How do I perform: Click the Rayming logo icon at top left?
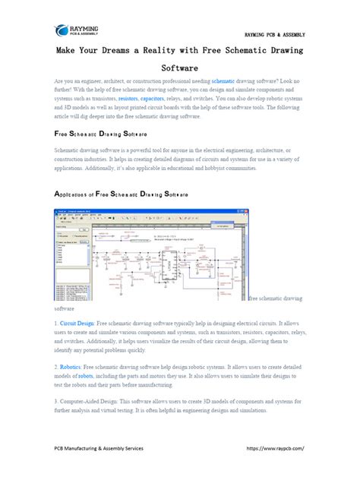pos(64,31)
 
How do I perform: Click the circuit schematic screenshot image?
pos(150,253)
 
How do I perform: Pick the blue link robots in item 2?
pos(85,377)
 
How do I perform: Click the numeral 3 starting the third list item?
pos(55,400)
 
